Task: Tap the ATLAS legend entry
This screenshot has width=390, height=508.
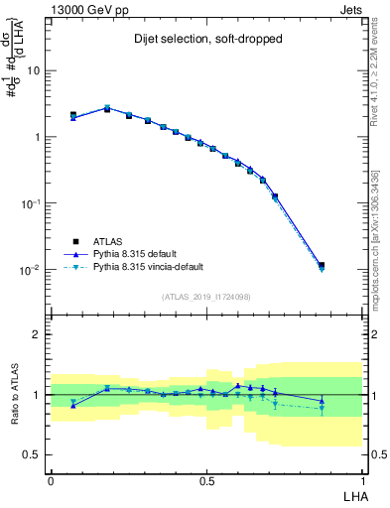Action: click(109, 241)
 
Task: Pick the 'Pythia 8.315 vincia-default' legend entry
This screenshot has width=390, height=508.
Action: click(148, 267)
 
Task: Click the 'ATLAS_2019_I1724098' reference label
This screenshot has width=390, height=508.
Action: click(205, 297)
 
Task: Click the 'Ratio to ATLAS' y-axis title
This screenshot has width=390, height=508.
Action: click(15, 394)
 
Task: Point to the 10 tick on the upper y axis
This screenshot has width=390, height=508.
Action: click(33, 71)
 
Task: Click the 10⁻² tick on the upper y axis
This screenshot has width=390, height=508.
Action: click(30, 269)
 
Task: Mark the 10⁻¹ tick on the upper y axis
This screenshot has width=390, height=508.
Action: click(30, 203)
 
